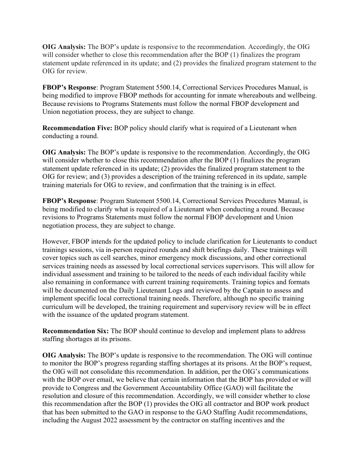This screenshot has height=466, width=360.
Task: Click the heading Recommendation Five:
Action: [77, 128]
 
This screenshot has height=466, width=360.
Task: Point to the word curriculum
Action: [59, 306]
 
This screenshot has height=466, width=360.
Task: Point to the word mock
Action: [193, 258]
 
